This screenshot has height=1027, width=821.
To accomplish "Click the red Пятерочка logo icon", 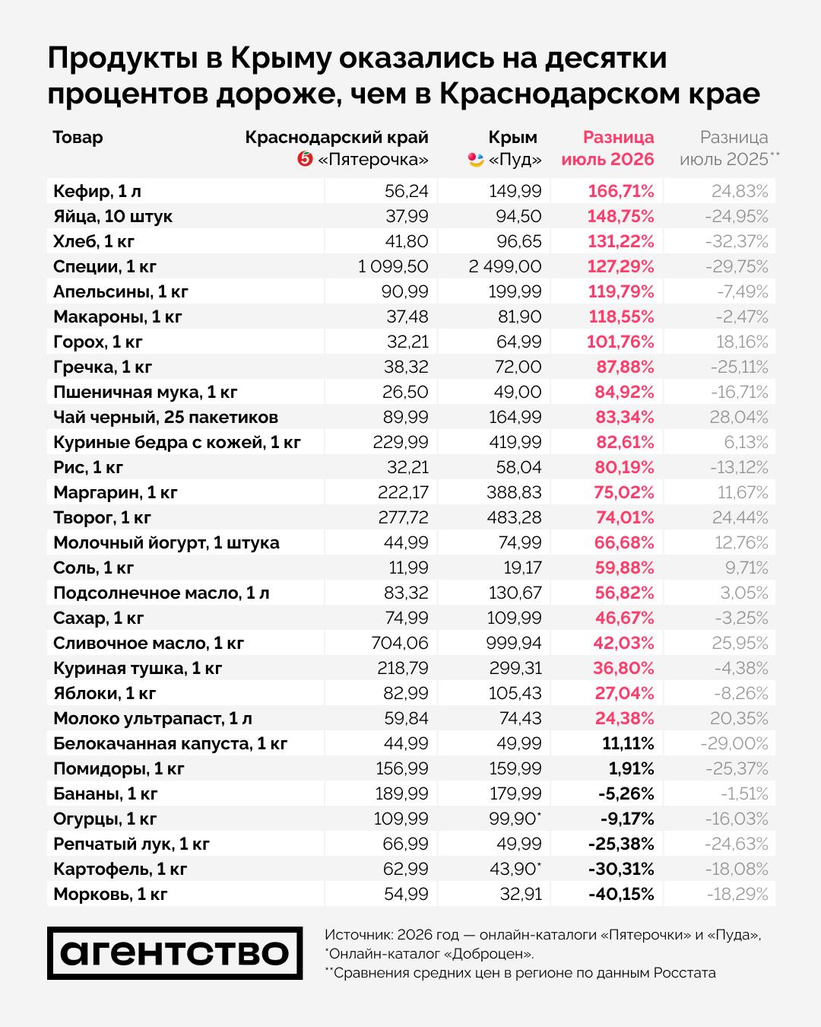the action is (x=305, y=158).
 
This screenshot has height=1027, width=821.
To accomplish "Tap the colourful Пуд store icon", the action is (x=476, y=160).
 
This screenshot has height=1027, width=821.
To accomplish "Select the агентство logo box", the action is (x=175, y=953).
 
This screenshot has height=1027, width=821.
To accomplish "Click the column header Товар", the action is (x=78, y=138).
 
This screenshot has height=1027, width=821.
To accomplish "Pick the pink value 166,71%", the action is (x=620, y=192).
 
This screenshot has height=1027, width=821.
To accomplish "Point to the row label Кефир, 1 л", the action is (x=97, y=192).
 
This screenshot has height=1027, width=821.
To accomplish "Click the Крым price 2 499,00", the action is (x=505, y=266).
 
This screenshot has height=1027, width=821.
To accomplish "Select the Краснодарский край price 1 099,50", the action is (x=393, y=266).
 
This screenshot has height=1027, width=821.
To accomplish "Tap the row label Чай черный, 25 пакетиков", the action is (x=166, y=417).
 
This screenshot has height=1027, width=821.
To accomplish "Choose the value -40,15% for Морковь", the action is (x=621, y=894).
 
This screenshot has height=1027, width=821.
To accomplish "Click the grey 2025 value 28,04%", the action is (x=739, y=417).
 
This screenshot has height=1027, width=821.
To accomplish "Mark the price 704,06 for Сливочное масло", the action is (x=400, y=643).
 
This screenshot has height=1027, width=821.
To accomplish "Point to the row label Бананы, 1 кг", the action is (x=106, y=793).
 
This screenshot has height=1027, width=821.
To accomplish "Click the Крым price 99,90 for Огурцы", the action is (x=515, y=819).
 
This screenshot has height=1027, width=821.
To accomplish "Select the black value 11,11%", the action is (x=628, y=743).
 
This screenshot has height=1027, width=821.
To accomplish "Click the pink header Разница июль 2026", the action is (x=607, y=148).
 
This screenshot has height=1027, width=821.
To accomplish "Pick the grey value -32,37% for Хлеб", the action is (x=737, y=241).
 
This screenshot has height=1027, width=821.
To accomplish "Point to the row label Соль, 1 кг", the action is (x=94, y=568).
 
